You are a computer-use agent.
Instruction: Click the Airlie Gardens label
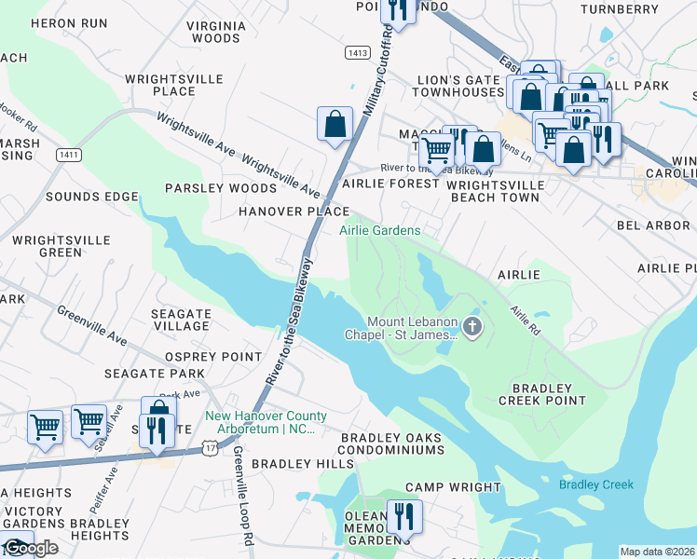coord(379,229)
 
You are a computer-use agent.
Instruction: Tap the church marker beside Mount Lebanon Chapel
coord(472,326)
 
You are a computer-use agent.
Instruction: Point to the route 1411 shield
coord(67,154)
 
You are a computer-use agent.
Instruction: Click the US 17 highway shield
coord(212,450)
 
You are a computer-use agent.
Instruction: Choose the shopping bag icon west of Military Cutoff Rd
coord(335,123)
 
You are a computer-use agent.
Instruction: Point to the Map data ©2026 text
coord(657,552)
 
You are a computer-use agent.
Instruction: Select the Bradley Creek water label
coord(595,484)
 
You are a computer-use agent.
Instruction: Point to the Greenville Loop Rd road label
coord(241,508)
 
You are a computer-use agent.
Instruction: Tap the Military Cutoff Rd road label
coord(372,78)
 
